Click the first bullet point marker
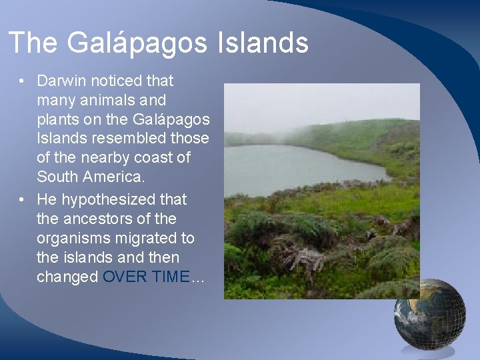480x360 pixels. [x=22, y=82]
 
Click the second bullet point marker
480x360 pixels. [x=22, y=199]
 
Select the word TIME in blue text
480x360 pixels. [x=170, y=277]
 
